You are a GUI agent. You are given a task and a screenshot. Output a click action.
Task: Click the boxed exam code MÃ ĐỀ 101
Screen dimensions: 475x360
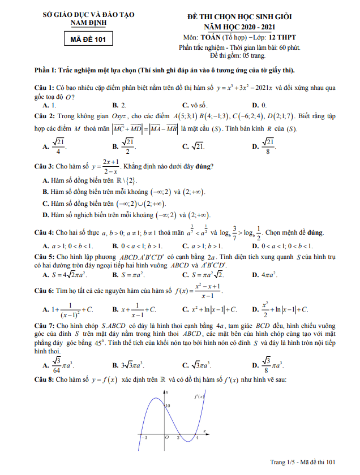[x=88, y=40]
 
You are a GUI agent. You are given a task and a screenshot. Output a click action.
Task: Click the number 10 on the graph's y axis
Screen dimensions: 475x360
[x=168, y=407]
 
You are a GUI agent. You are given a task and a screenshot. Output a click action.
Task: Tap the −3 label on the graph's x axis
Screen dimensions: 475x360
[x=144, y=438]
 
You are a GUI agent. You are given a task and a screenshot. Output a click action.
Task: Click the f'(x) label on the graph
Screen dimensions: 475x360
[x=199, y=396]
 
